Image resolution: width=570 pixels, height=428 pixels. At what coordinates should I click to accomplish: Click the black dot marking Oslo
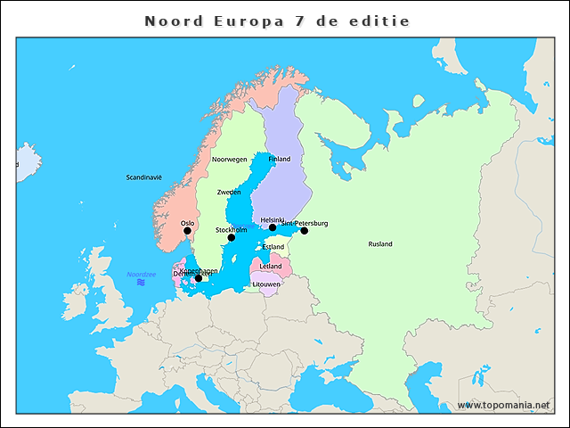pos(187,231)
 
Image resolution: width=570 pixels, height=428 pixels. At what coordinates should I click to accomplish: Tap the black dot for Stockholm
pos(231,237)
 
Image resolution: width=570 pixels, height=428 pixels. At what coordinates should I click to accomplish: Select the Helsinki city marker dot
pos(273,227)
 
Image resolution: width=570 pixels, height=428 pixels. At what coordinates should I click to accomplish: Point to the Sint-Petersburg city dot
pos(304,231)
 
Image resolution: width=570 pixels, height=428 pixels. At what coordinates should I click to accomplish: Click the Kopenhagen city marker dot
pos(198,278)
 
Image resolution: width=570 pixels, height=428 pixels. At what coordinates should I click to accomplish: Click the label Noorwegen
pos(229,160)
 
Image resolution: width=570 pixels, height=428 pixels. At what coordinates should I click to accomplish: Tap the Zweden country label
pos(229,192)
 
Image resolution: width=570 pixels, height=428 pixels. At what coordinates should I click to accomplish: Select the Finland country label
pos(280,159)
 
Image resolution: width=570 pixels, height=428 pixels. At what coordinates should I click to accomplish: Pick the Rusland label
pos(380,243)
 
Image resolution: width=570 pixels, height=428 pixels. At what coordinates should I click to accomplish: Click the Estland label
pos(273,247)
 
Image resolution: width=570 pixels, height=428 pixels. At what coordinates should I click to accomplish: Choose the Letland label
pos(271,266)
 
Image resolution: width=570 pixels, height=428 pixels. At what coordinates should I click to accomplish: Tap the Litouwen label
pos(266,284)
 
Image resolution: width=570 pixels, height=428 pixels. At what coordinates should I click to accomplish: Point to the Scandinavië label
pos(143,177)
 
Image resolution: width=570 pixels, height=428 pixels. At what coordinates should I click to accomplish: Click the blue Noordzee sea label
pos(141,274)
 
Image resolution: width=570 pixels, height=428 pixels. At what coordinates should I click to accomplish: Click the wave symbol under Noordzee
pos(141,283)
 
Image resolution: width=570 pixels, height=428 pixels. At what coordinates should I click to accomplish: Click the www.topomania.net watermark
pos(504,405)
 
